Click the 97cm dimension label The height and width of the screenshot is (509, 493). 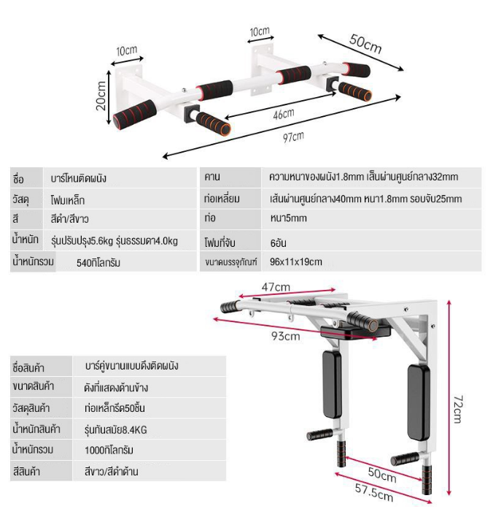[294, 137]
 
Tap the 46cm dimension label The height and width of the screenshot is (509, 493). [283, 114]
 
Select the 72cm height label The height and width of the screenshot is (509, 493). [457, 409]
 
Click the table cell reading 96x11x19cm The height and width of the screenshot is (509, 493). [295, 261]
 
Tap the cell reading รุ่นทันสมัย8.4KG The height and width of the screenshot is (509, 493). [115, 429]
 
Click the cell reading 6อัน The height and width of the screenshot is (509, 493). [277, 241]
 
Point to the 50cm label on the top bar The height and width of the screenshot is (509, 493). [365, 44]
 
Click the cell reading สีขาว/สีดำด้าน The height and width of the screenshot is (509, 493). [111, 472]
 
